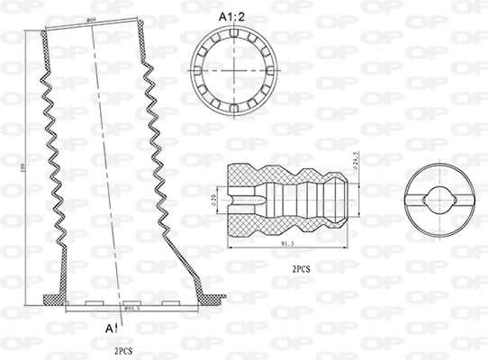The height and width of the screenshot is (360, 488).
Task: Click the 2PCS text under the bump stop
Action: tap(302, 269)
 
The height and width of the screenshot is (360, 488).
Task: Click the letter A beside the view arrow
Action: tap(109, 328)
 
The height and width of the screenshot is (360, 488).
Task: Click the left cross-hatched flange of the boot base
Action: tap(54, 299)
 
